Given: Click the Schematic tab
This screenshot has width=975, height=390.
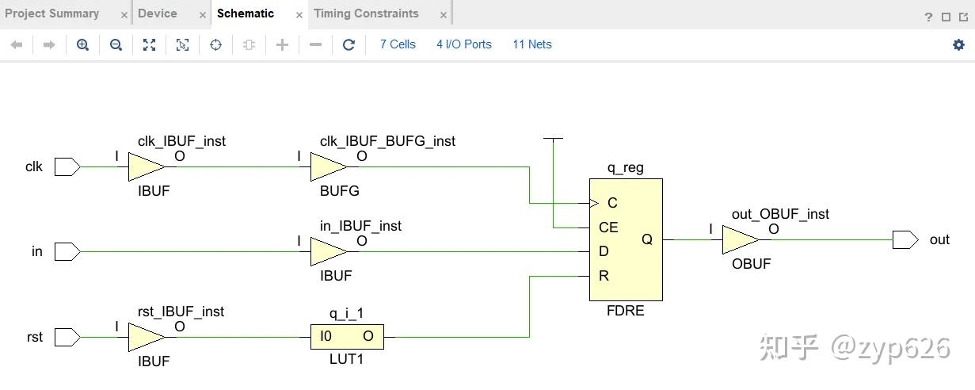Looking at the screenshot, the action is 246,13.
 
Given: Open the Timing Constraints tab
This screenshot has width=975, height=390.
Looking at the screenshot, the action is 366,13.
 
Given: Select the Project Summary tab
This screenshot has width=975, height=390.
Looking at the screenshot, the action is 51,13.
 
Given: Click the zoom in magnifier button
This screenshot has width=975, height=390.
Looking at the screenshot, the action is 82,44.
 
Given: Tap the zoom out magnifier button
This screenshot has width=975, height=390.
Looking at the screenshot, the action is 116,44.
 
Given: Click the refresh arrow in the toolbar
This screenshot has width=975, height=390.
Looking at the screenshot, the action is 348,44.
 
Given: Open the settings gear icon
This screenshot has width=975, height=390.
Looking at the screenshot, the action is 958,44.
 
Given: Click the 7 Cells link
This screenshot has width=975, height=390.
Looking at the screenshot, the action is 398,44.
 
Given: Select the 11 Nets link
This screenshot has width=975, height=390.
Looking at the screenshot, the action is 532,44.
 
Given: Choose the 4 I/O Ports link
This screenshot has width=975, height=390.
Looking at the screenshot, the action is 464,44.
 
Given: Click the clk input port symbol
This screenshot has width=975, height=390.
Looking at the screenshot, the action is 67,167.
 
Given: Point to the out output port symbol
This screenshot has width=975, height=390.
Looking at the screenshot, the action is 905,239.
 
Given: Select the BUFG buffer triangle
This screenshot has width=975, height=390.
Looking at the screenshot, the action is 329,167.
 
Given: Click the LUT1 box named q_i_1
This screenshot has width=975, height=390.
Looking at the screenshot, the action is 348,337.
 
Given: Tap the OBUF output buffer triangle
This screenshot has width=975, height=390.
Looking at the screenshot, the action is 741,239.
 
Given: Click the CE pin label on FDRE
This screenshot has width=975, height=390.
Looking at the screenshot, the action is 608,227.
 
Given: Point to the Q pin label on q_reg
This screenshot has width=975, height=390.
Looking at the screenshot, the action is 647,239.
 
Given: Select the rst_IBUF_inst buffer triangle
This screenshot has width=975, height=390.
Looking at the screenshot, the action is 147,337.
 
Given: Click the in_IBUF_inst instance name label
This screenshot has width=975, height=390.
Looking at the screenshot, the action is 360,226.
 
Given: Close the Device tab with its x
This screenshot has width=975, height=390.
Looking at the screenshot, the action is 203,15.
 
